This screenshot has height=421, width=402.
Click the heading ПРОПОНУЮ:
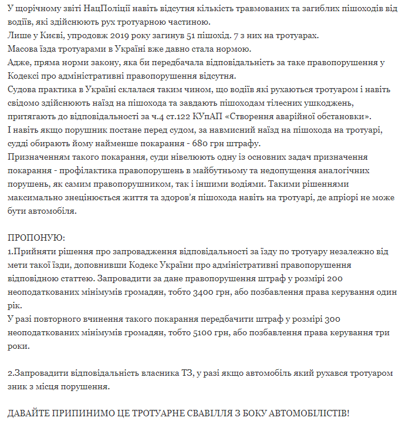pos(36,237)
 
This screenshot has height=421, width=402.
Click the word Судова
pos(23,89)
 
